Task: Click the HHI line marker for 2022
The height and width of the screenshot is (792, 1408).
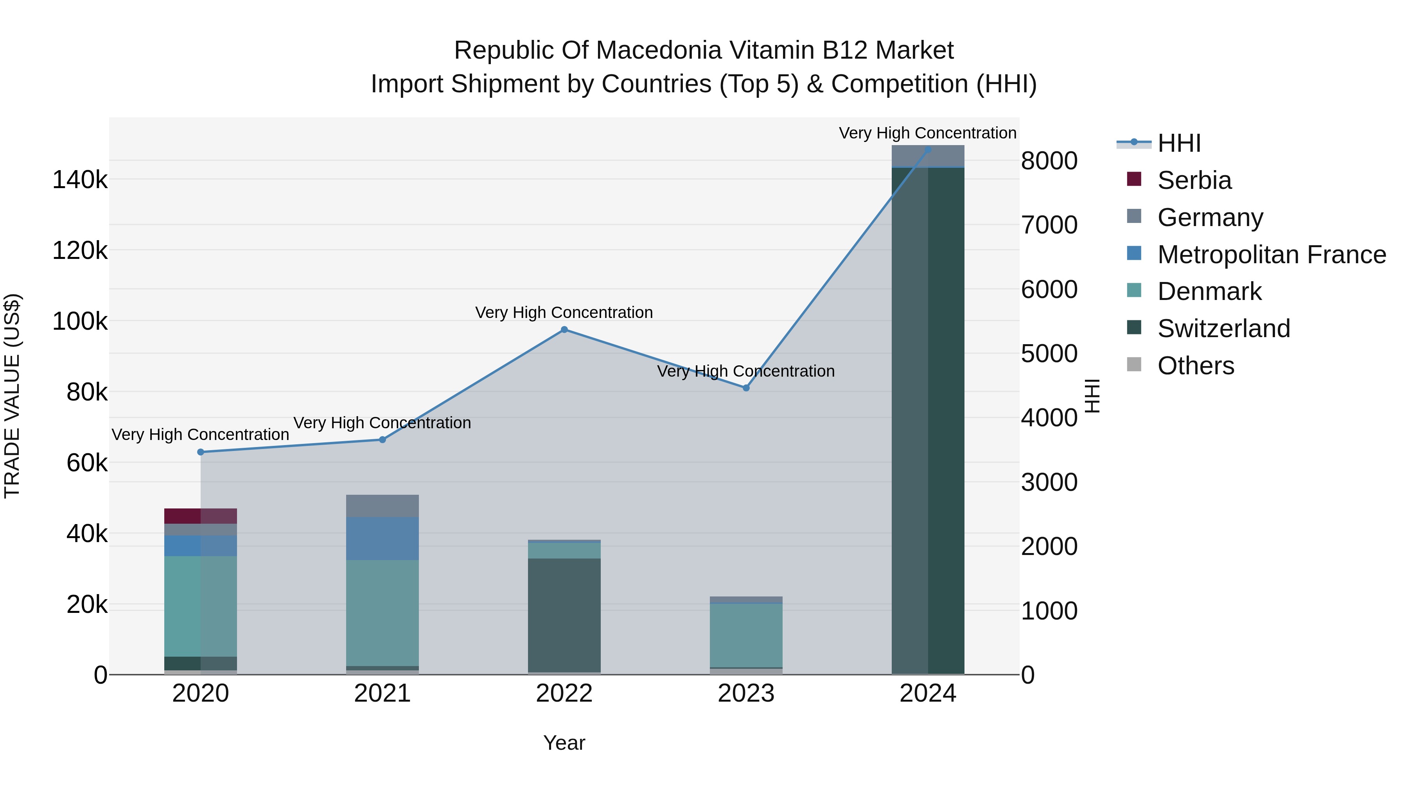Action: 564,330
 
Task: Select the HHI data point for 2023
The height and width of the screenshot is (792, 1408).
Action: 746,388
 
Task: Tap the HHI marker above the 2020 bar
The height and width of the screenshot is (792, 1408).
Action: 201,452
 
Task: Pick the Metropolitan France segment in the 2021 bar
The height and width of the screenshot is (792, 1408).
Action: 382,539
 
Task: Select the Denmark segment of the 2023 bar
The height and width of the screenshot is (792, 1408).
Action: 746,635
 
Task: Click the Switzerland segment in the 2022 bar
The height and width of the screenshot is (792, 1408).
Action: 564,615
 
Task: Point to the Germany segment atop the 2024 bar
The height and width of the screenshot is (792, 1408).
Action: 928,157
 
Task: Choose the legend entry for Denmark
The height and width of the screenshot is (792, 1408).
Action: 1209,291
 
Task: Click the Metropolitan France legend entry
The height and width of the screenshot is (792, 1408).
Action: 1271,255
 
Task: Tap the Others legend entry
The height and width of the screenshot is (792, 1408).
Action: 1195,366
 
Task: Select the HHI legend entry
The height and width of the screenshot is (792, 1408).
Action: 1178,143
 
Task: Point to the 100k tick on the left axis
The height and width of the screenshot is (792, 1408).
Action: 80,321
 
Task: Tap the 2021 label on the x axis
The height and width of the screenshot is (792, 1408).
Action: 382,693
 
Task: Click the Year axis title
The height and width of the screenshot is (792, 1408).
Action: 564,743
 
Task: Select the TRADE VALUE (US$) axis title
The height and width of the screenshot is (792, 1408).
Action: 12,396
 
